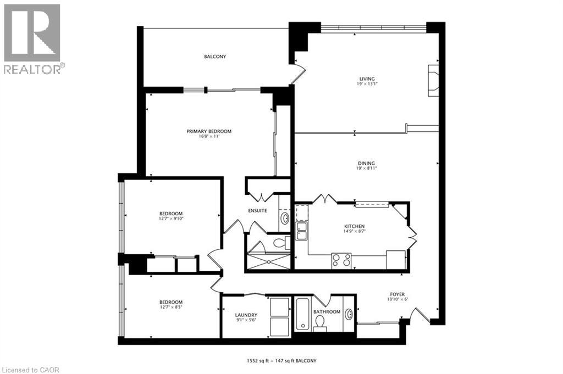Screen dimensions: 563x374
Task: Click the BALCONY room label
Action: (215, 57)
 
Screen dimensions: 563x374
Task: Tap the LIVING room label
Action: (367, 79)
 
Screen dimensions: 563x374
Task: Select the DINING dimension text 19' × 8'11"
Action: (366, 168)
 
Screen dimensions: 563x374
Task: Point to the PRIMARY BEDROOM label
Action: (209, 131)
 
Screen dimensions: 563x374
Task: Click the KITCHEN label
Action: (355, 226)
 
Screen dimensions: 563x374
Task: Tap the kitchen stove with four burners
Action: (341, 260)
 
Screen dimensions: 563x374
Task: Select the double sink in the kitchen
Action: (301, 231)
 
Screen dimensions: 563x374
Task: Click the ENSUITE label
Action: (257, 210)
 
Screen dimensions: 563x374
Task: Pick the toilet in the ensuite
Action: (282, 243)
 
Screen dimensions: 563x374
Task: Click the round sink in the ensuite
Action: (285, 219)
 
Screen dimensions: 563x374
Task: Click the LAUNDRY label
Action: (246, 315)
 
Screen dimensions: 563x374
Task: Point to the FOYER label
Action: (398, 294)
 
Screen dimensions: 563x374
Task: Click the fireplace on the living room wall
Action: (433, 80)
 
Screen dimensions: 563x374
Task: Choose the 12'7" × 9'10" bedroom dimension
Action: (171, 219)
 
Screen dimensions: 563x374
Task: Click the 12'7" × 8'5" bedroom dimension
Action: (171, 307)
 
